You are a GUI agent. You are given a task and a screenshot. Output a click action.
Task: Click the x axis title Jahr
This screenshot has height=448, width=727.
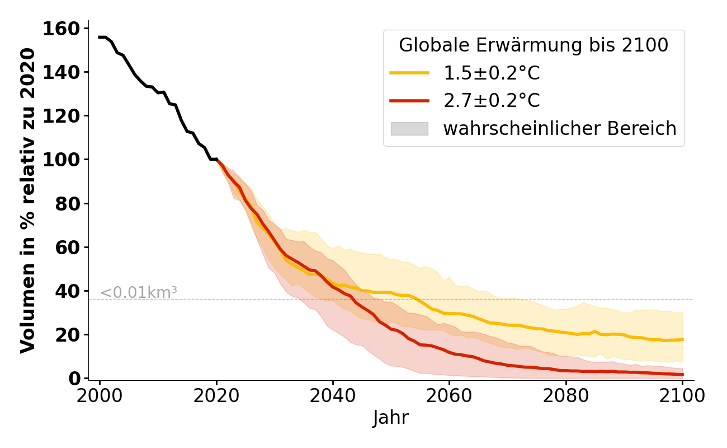391,418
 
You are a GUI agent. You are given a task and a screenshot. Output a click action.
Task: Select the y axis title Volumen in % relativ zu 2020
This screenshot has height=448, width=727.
28,200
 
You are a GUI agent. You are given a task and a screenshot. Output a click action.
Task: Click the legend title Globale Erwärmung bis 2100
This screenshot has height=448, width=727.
534,45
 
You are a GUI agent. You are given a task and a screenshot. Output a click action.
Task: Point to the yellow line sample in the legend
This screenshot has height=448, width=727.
409,73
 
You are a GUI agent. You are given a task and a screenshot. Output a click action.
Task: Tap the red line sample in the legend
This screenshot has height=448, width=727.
409,101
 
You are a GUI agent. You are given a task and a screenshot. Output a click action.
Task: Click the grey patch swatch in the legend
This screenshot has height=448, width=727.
409,129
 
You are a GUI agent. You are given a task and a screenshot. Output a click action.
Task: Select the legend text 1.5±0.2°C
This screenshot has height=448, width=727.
492,73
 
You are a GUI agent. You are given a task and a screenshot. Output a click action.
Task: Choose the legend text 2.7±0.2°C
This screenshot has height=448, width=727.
492,101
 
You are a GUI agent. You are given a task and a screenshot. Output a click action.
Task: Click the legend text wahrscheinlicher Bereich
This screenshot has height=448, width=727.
560,129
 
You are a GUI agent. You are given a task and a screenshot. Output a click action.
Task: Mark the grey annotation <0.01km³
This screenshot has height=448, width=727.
139,292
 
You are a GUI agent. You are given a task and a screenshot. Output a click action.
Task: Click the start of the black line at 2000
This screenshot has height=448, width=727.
100,37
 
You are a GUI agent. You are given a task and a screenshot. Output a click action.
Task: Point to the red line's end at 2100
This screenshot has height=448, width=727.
682,375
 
